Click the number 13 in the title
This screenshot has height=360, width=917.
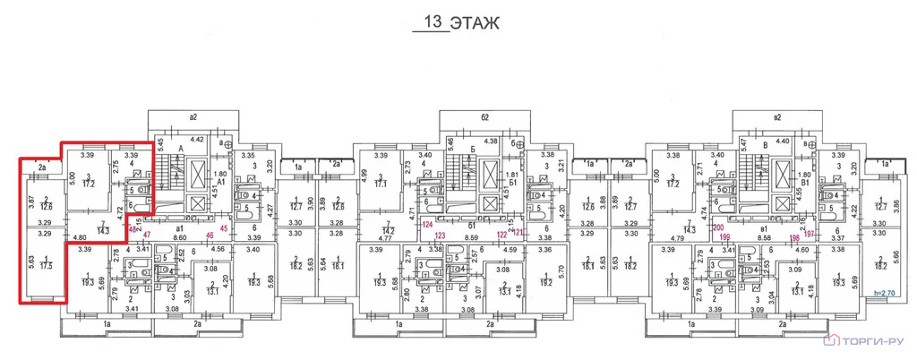(x=434, y=22)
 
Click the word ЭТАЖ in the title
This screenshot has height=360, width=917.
(x=476, y=22)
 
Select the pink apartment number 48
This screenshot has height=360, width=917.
(x=133, y=229)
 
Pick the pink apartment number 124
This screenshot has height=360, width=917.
(x=427, y=224)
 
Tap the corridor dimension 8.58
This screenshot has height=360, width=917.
(x=767, y=238)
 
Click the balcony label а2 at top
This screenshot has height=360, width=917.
(x=192, y=117)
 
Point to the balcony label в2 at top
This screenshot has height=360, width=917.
(x=777, y=117)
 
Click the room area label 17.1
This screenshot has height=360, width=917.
(x=381, y=183)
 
